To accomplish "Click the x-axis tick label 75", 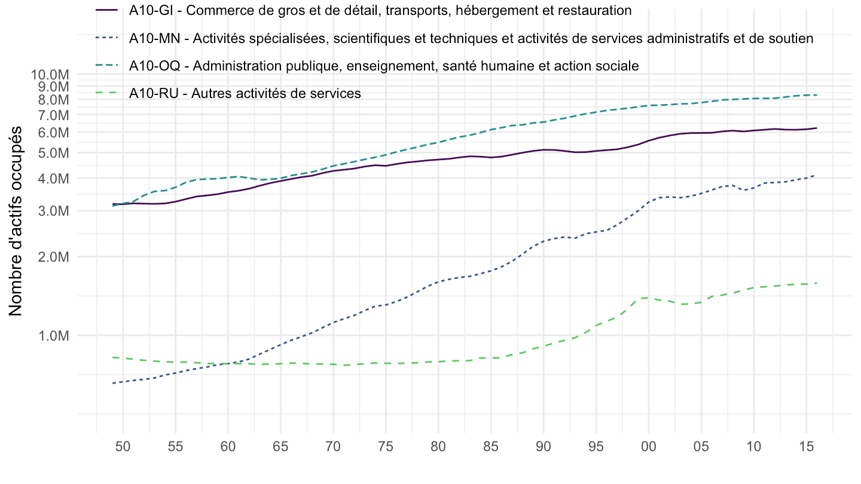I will pyautogui.click(x=386, y=446).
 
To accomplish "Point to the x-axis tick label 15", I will pyautogui.click(x=806, y=446).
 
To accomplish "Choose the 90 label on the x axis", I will pyautogui.click(x=544, y=446).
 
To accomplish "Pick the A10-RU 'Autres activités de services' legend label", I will pyautogui.click(x=245, y=93).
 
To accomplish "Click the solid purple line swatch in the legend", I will pyautogui.click(x=107, y=11).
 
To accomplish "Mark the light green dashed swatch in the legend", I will pyautogui.click(x=107, y=93).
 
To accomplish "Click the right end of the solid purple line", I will pyautogui.click(x=816, y=128).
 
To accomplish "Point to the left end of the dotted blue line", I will pyautogui.click(x=113, y=383).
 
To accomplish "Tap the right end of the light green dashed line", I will pyautogui.click(x=816, y=283).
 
